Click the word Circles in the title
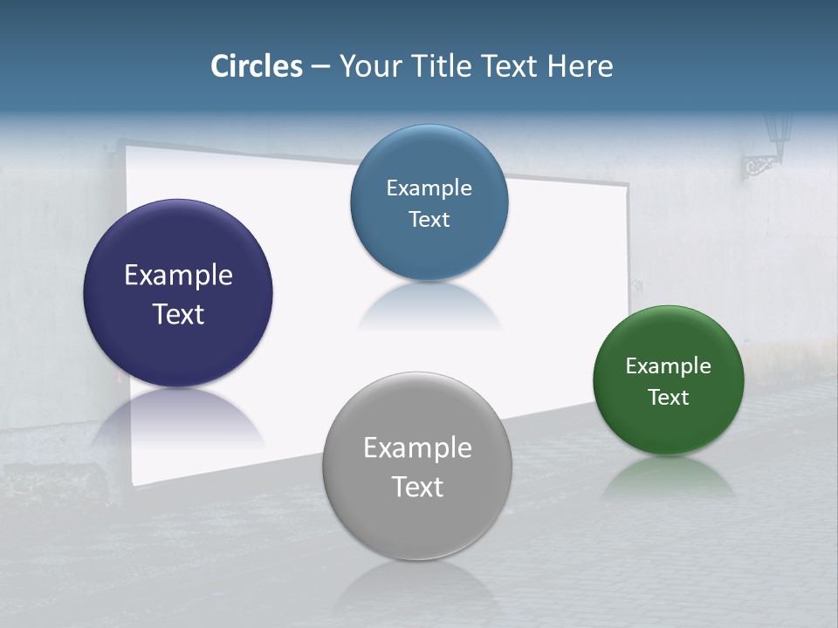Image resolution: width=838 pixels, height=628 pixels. pyautogui.click(x=257, y=66)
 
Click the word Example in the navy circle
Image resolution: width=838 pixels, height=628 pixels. pyautogui.click(x=178, y=276)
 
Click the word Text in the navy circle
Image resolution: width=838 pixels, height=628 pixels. pyautogui.click(x=178, y=314)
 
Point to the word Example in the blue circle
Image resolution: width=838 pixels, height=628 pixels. pyautogui.click(x=429, y=188)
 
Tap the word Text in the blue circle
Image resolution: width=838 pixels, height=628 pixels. pyautogui.click(x=429, y=220)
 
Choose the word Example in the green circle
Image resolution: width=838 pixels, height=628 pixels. pyautogui.click(x=669, y=366)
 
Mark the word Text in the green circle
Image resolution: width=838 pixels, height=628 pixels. pyautogui.click(x=669, y=398)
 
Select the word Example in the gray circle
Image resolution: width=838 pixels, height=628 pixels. pyautogui.click(x=417, y=448)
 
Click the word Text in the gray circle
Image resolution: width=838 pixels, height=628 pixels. pyautogui.click(x=417, y=487)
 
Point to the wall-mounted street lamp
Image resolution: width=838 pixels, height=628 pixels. pyautogui.click(x=768, y=144)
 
